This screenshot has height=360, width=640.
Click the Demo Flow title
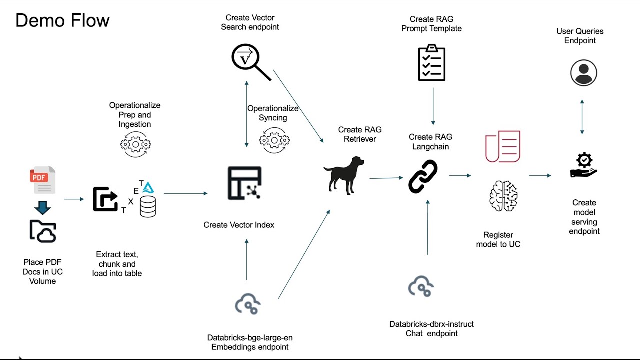(62, 20)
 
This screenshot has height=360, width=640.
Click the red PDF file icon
(43, 180)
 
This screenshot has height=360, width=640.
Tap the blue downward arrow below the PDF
(43, 208)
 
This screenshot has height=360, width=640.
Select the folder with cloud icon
(43, 231)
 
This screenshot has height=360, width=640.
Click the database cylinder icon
(148, 207)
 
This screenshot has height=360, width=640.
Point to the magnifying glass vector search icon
(251, 62)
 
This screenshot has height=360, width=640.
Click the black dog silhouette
(344, 175)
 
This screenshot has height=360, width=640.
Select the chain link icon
(423, 176)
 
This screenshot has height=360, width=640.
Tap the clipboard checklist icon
(431, 62)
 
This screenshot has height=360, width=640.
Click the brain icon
(503, 196)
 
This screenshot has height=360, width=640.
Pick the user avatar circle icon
(583, 73)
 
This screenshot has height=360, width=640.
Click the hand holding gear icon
(584, 165)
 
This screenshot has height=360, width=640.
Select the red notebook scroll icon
(503, 146)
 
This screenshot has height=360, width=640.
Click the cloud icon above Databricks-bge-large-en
(248, 304)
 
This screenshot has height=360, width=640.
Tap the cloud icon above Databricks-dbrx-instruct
(421, 286)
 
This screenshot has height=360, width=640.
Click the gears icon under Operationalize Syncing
(274, 140)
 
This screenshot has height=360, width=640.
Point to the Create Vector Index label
(239, 225)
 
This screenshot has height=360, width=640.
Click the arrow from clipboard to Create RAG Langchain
(433, 106)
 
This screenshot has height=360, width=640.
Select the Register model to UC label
(498, 239)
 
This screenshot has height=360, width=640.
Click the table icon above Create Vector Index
(245, 183)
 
